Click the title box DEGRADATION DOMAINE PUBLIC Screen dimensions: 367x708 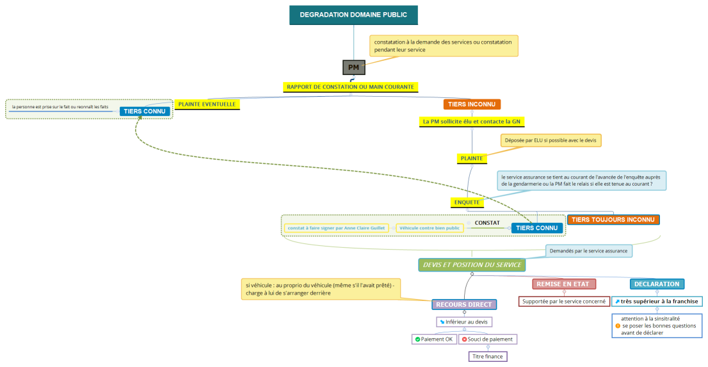point(353,15)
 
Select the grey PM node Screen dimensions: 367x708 point(353,67)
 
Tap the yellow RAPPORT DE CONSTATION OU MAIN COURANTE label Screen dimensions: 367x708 point(350,86)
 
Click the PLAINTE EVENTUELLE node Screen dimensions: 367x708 point(207,104)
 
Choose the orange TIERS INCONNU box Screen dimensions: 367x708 point(472,104)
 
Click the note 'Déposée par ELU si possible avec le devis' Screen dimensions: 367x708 point(551,140)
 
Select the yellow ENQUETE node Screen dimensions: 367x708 point(467,202)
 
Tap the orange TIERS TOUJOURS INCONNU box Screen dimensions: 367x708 point(613,220)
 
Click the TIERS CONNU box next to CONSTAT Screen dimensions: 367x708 point(536,228)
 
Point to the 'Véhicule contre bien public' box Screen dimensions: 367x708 point(429,228)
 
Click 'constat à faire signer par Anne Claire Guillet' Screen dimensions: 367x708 point(336,228)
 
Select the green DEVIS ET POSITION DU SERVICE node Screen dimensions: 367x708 point(472,265)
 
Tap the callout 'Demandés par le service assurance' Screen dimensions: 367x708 point(589,250)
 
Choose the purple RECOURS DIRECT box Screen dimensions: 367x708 point(464,304)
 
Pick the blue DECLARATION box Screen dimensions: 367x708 point(657,284)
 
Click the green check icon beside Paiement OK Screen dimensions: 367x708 point(417,339)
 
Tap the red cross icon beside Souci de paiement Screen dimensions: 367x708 point(464,339)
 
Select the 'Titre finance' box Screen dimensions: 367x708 point(488,356)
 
